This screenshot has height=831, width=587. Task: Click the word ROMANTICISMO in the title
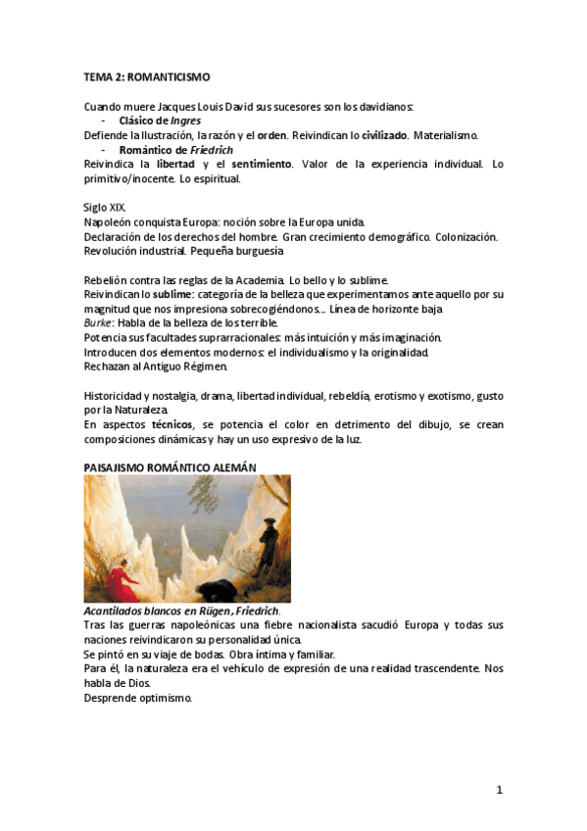(169, 76)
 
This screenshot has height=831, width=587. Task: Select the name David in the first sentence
(233, 107)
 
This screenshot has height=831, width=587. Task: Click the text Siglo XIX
(105, 208)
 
